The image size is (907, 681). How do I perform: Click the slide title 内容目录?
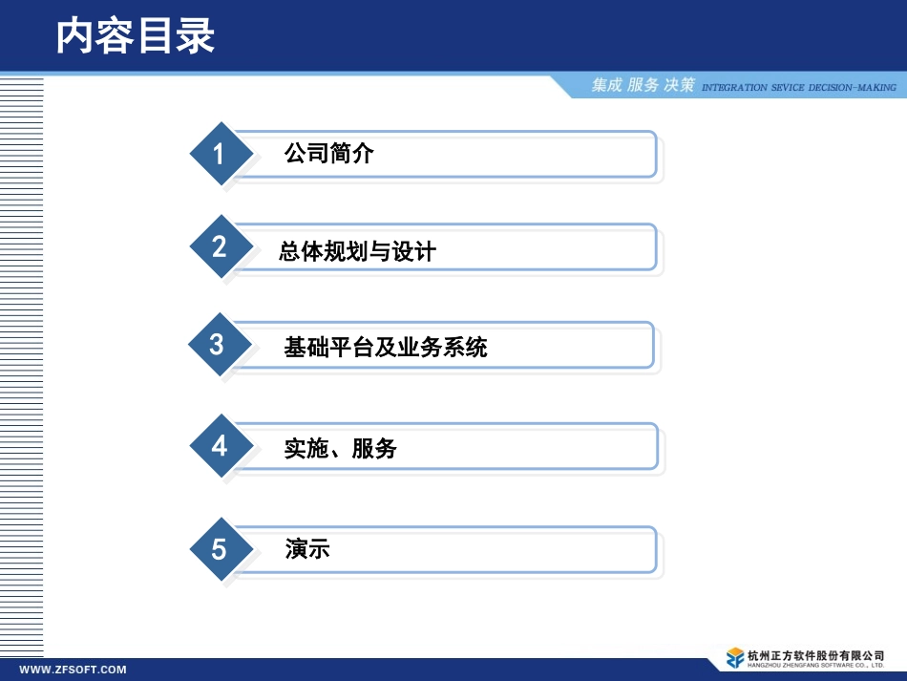pyautogui.click(x=135, y=36)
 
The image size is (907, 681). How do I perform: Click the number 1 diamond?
pyautogui.click(x=220, y=154)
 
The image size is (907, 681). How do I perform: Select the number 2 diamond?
pyautogui.click(x=220, y=247)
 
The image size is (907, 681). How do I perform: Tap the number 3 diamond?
pyautogui.click(x=218, y=345)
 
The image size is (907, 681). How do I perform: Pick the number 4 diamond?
pyautogui.click(x=221, y=446)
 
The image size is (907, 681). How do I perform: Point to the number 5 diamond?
pyautogui.click(x=220, y=550)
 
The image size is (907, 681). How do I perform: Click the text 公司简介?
pyautogui.click(x=328, y=153)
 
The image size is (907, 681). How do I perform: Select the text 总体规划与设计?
pyautogui.click(x=357, y=252)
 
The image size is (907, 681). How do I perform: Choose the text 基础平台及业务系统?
pyautogui.click(x=386, y=347)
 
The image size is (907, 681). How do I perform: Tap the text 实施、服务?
pyautogui.click(x=340, y=448)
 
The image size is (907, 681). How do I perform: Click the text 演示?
pyautogui.click(x=307, y=549)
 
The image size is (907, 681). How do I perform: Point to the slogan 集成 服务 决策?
pyautogui.click(x=643, y=86)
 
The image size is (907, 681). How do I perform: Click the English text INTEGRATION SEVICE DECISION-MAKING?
pyautogui.click(x=798, y=88)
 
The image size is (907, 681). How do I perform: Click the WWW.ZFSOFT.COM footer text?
pyautogui.click(x=74, y=670)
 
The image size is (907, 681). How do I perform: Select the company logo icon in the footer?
pyautogui.click(x=734, y=658)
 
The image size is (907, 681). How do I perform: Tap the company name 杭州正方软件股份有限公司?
pyautogui.click(x=816, y=654)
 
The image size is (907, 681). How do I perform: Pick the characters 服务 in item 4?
pyautogui.click(x=374, y=448)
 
